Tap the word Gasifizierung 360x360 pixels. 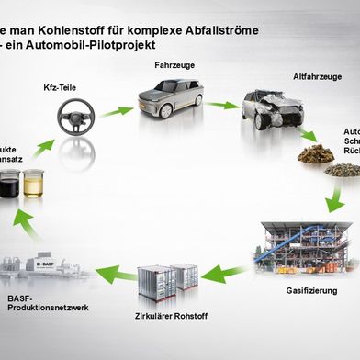[x=310, y=291]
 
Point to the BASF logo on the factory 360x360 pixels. [x=47, y=264]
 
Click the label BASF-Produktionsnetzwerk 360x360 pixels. [x=46, y=303]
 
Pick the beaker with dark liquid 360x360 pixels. [x=10, y=184]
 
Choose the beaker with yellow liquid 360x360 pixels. [x=33, y=184]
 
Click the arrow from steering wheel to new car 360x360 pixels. [x=117, y=111]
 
